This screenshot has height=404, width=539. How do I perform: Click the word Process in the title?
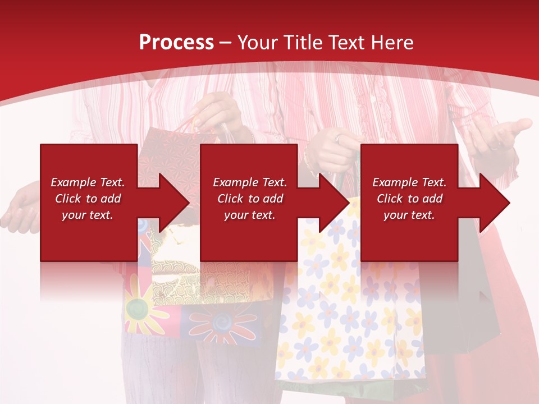click(x=176, y=43)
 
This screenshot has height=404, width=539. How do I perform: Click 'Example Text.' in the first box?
click(x=88, y=182)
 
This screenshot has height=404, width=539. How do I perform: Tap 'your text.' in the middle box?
click(x=249, y=215)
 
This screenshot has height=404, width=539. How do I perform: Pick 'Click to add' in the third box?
click(x=409, y=199)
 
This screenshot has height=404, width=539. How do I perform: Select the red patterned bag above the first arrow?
click(x=168, y=149)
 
